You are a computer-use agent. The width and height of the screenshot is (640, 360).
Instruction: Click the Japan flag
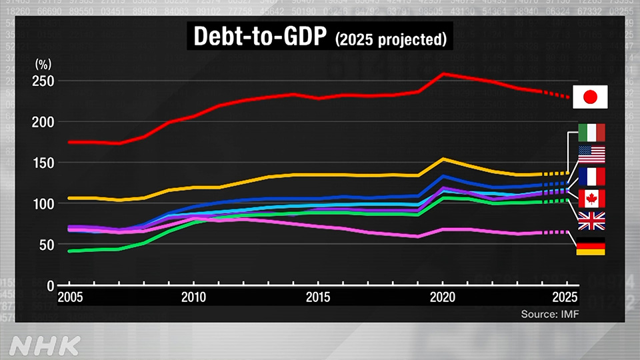[x=590, y=97]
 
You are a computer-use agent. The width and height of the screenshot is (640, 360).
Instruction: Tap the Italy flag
[x=590, y=133]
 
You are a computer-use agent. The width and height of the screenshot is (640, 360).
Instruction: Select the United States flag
[x=590, y=155]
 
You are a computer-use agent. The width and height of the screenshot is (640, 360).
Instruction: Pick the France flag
[x=590, y=177]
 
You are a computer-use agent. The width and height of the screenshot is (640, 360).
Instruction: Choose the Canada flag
[x=590, y=199]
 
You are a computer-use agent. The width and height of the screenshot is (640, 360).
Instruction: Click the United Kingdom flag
[x=590, y=221]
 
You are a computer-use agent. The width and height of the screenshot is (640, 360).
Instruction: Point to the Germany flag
[x=590, y=245]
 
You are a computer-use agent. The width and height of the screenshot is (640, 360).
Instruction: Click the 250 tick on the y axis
[x=43, y=81]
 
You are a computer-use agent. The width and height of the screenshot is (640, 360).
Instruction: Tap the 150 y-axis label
[x=43, y=163]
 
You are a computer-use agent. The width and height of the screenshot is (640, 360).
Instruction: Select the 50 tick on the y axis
[x=45, y=245]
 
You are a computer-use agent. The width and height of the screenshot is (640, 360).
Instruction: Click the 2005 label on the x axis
[x=69, y=296]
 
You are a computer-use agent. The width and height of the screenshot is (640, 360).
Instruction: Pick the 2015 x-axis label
[x=317, y=296]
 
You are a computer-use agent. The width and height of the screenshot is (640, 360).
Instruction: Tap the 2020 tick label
[x=441, y=296]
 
